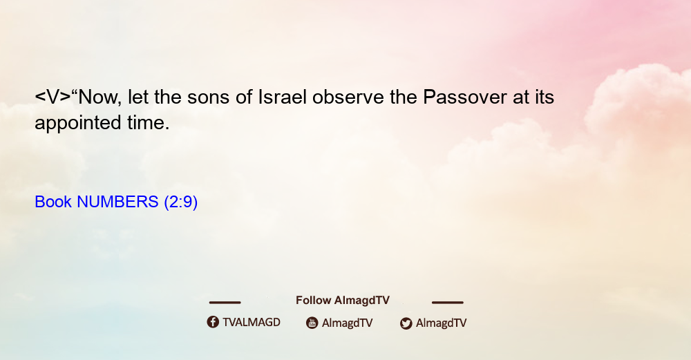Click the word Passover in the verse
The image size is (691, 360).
click(465, 97)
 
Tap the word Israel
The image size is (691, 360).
click(282, 97)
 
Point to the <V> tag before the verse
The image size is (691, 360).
click(53, 97)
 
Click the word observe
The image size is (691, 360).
click(348, 97)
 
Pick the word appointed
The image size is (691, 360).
click(78, 123)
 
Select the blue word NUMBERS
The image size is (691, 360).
click(117, 202)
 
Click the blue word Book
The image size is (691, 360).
click(53, 202)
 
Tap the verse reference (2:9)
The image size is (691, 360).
click(180, 202)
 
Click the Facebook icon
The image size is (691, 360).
click(213, 322)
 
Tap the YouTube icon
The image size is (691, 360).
click(312, 323)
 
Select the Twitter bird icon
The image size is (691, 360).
click(406, 323)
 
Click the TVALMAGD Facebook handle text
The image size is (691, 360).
click(252, 323)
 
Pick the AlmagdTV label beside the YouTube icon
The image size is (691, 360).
click(348, 323)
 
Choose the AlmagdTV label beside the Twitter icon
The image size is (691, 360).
click(441, 323)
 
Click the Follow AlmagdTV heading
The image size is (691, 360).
click(343, 301)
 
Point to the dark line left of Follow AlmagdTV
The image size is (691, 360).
click(225, 303)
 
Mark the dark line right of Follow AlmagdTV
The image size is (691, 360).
click(448, 303)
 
